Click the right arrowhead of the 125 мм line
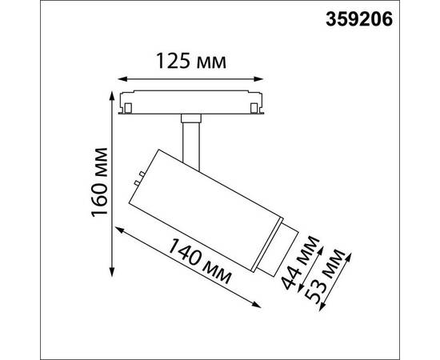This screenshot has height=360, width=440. click(265, 78)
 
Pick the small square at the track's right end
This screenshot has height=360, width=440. click(257, 105)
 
